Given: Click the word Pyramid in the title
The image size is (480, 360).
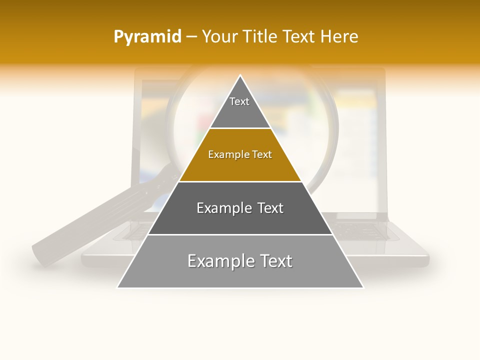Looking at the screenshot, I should point(147,37).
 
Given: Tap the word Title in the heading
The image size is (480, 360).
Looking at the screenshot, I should point(258,36).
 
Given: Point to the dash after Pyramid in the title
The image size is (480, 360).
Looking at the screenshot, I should point(191,37).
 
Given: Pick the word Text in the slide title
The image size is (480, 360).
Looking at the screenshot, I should point(298,36).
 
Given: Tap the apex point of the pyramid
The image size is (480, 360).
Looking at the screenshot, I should point(240,76).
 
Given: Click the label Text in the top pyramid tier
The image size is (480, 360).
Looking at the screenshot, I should point(239,101).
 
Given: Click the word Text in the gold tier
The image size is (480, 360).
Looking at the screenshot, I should point(262,154).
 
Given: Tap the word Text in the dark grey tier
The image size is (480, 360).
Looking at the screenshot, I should point(270,208).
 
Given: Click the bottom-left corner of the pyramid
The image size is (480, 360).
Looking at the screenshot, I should point(118,287).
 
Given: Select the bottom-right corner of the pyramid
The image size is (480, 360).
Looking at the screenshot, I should point(362,287).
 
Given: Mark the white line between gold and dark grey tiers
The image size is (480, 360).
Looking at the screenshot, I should point(240,181).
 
